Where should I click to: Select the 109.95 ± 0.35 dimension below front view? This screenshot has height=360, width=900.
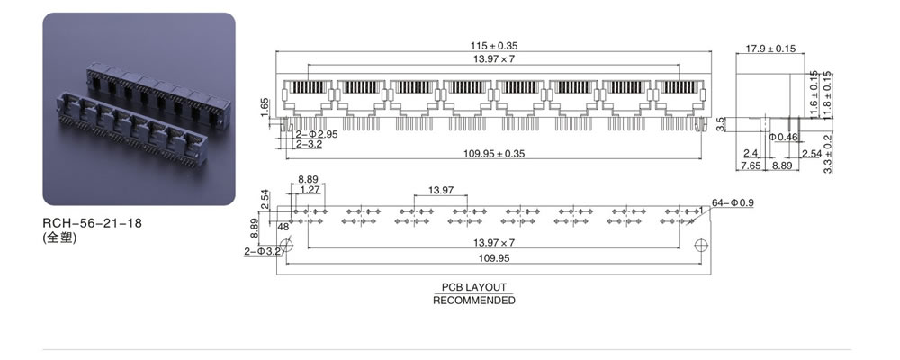tap(494, 153)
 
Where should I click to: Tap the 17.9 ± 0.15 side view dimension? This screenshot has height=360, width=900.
tap(770, 49)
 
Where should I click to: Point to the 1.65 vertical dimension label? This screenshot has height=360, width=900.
tap(265, 107)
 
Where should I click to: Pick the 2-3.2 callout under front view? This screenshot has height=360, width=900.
tap(308, 144)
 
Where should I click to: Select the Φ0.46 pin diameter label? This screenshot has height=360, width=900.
tap(784, 137)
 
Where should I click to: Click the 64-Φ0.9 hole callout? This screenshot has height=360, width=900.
tap(733, 202)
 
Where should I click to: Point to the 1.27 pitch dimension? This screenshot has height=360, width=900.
tap(310, 190)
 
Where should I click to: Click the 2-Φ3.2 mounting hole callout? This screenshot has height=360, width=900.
tap(262, 251)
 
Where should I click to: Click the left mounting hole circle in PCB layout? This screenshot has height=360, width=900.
tap(287, 245)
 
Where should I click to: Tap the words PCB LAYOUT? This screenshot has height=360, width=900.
tap(474, 287)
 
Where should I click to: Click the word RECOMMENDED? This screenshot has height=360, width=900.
tap(474, 300)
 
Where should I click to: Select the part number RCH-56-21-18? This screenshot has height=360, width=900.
tap(92, 223)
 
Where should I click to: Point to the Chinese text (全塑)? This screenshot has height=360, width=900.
tap(59, 237)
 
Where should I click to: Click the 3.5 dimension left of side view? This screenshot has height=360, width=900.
tap(722, 124)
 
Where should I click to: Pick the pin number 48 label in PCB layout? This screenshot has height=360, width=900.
tap(283, 227)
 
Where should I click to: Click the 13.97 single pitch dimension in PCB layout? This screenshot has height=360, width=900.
tap(441, 190)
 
